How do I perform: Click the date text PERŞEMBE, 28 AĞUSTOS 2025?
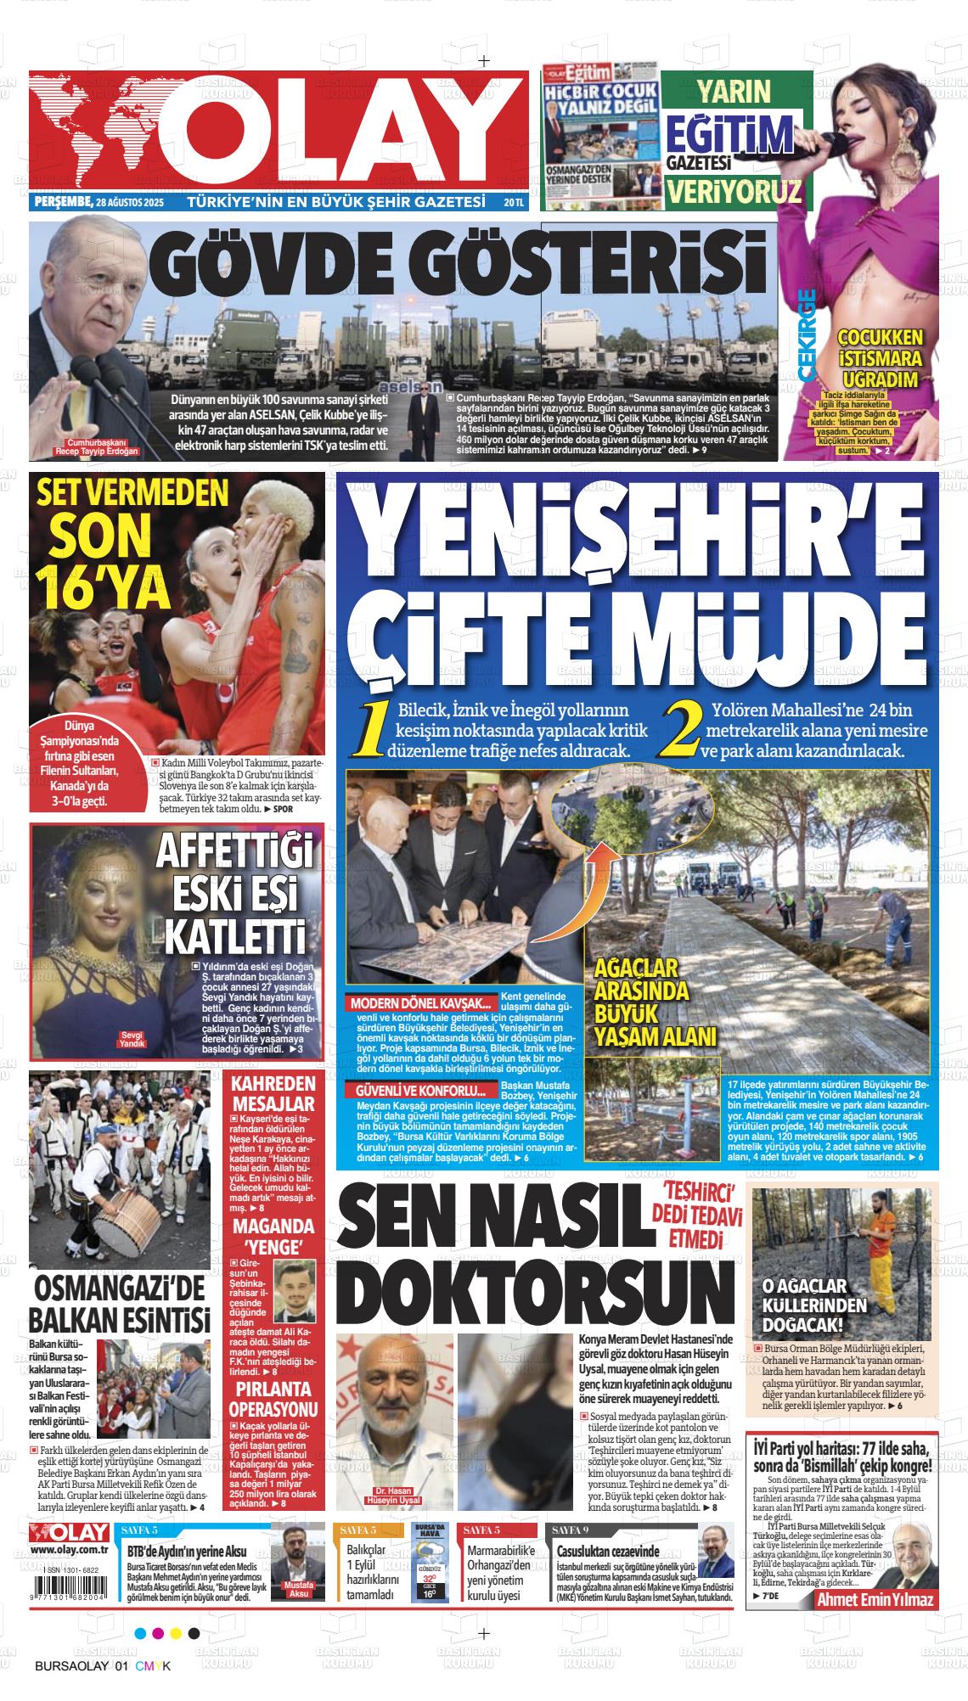pyautogui.click(x=98, y=203)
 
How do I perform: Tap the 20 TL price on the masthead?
pyautogui.click(x=513, y=203)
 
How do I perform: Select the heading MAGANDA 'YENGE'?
pyautogui.click(x=273, y=1236)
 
